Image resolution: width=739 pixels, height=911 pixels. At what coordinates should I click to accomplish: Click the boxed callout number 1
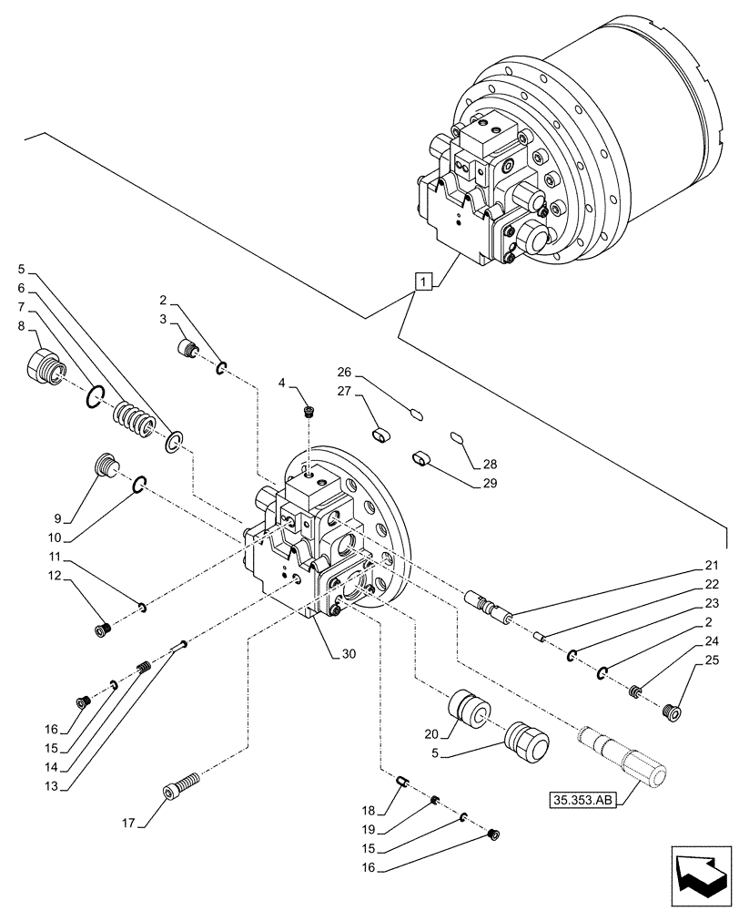tap(422, 281)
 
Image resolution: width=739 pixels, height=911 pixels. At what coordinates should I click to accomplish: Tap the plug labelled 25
tap(674, 711)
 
